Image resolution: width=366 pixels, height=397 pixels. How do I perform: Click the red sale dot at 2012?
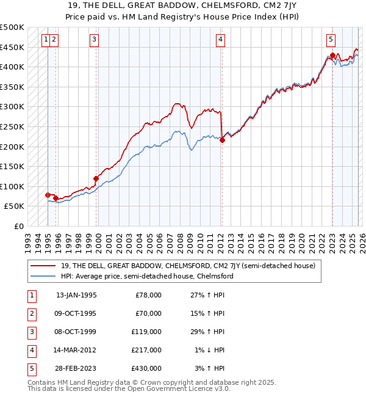click(x=222, y=140)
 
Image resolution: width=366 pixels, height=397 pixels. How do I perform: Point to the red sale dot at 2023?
click(x=332, y=55)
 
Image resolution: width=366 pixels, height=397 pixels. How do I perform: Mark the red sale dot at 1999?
click(x=96, y=179)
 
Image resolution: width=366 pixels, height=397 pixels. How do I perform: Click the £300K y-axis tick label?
click(x=12, y=106)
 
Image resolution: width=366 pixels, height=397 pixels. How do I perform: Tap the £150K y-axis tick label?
click(x=12, y=166)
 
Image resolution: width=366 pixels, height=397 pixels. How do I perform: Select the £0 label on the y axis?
click(x=18, y=226)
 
